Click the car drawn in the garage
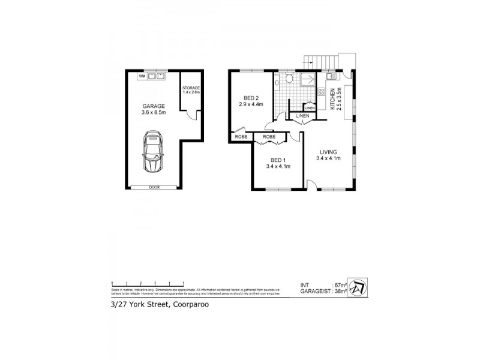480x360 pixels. click(x=152, y=153)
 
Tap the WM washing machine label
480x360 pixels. click(x=142, y=76)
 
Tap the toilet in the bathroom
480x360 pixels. click(x=289, y=79)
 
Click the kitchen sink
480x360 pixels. click(x=332, y=77)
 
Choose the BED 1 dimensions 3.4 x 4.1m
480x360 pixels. click(x=279, y=166)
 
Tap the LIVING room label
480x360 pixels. click(x=328, y=152)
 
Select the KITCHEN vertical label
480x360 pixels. click(x=332, y=99)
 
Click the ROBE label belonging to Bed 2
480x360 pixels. click(x=241, y=137)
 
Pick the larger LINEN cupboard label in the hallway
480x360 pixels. click(x=302, y=115)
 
